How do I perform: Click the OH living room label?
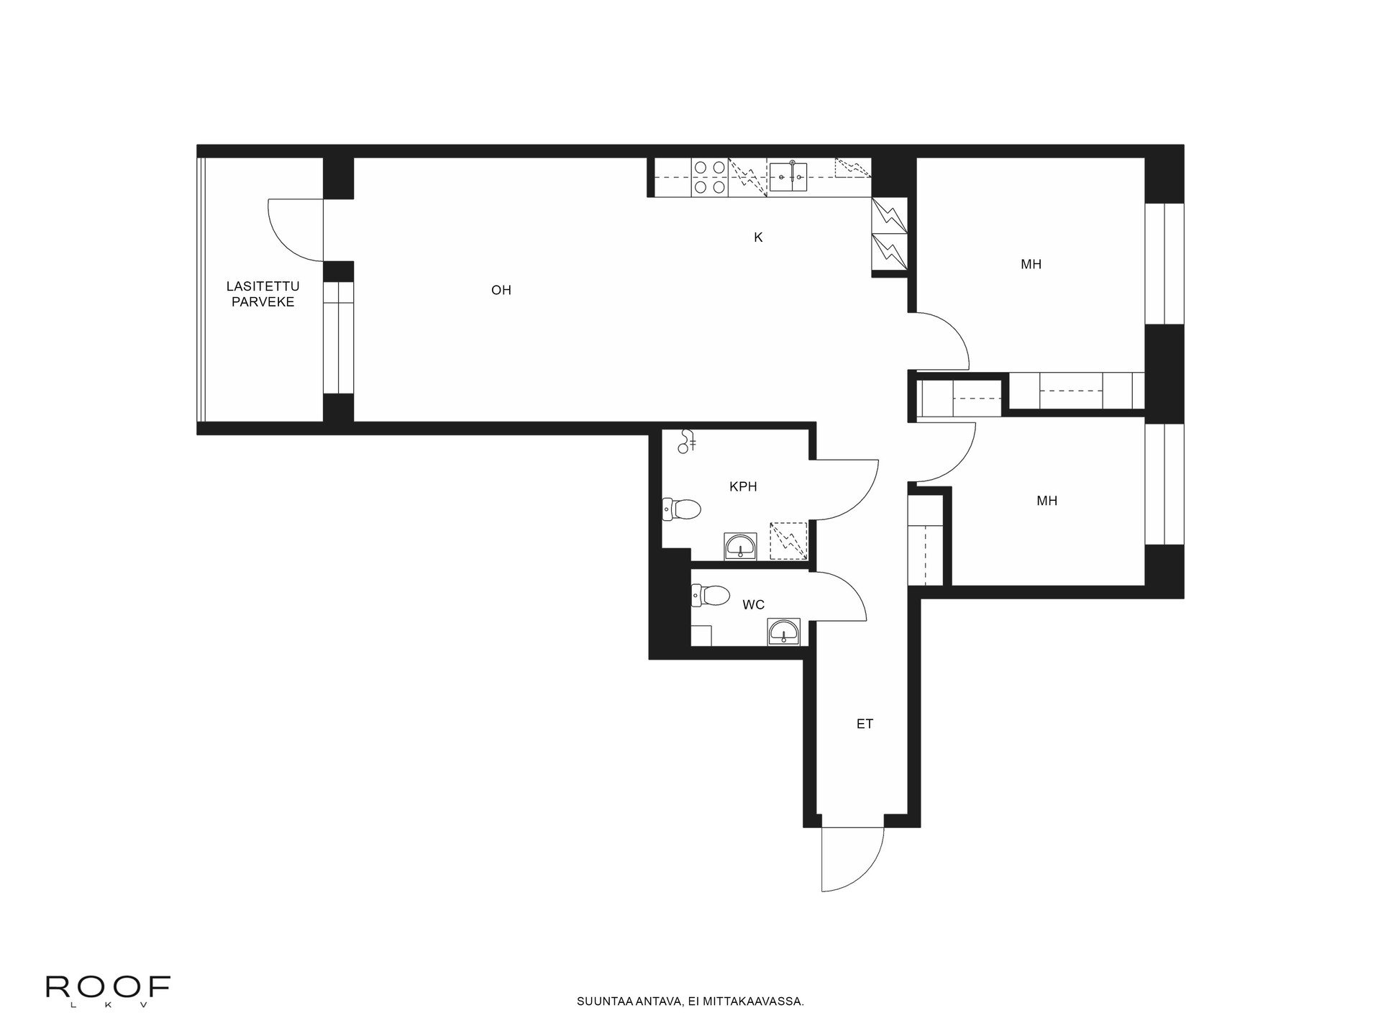pos(501,290)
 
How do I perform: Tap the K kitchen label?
pos(758,237)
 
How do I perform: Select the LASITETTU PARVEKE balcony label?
pos(263,294)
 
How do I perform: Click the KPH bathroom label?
pos(743,486)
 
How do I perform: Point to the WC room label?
pos(753,604)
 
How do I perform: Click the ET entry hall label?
pos(865,724)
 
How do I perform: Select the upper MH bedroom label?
pos(1031,264)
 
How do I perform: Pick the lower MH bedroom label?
pos(1047,501)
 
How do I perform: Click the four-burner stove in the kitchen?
pos(709,178)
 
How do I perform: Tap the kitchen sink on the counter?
pos(788,177)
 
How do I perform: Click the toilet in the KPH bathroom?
pos(681,509)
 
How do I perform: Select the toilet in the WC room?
pos(710,595)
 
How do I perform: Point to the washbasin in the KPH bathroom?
pos(740,547)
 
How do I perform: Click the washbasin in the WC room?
pos(783,633)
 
